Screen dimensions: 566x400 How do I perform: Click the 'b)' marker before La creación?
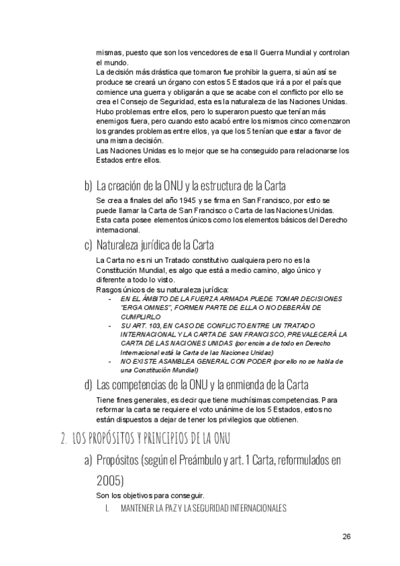tap(88, 185)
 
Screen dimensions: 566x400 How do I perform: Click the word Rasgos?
tap(108, 289)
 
